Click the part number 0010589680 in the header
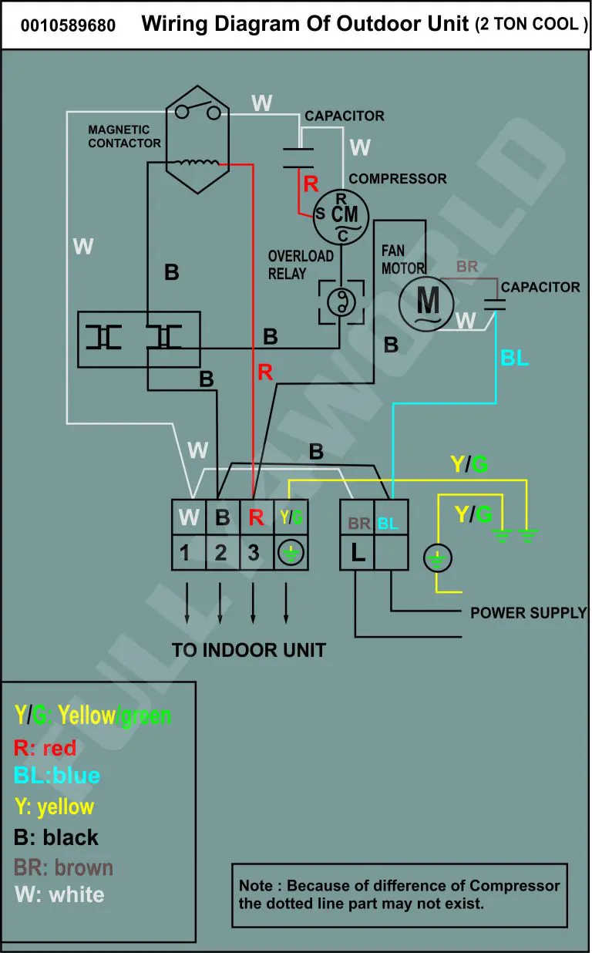click(68, 25)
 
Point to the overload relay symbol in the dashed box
click(341, 302)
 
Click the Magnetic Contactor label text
click(125, 136)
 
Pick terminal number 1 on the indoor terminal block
click(184, 553)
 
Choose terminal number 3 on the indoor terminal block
click(254, 553)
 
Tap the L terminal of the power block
click(358, 553)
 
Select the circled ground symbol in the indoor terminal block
click(291, 553)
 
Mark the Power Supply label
click(528, 613)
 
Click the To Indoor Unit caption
click(249, 650)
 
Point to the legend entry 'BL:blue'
click(57, 775)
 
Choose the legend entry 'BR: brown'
click(63, 867)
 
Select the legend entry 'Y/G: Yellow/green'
click(92, 715)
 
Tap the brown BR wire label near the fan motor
click(467, 266)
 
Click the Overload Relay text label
click(301, 264)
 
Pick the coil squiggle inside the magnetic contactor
click(197, 162)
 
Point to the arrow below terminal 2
click(220, 603)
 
